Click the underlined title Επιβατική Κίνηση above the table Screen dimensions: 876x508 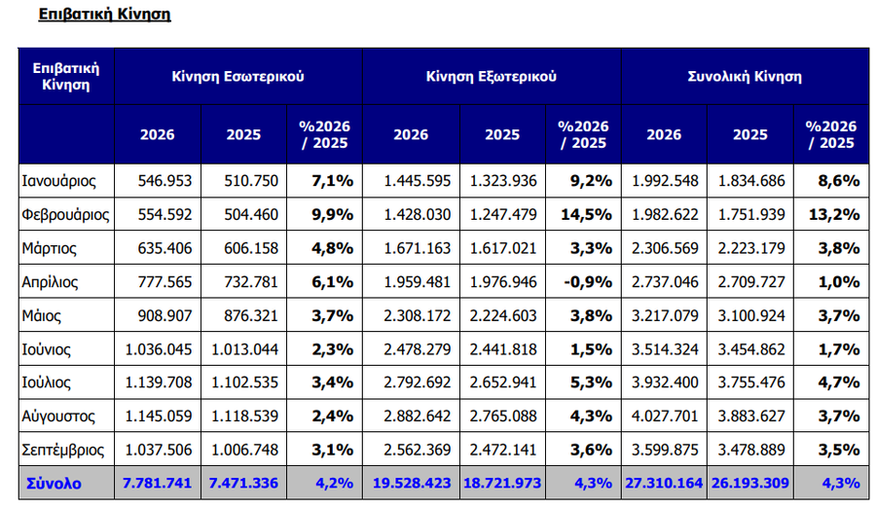pyautogui.click(x=104, y=14)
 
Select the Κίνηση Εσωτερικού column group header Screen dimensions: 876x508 pyautogui.click(x=238, y=77)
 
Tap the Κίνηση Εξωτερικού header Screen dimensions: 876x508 pyautogui.click(x=492, y=77)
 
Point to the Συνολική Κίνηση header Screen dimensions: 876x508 pyautogui.click(x=745, y=77)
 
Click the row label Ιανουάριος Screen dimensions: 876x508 pyautogui.click(x=58, y=181)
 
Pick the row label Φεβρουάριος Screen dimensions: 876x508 pyautogui.click(x=65, y=215)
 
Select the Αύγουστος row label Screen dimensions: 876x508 pyautogui.click(x=58, y=417)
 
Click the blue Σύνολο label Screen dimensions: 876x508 pyautogui.click(x=54, y=484)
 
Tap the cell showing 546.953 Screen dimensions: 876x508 pyautogui.click(x=164, y=181)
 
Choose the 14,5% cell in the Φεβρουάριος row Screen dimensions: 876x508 pyautogui.click(x=586, y=215)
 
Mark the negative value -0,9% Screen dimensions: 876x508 pyautogui.click(x=588, y=282)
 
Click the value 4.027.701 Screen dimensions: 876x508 pyautogui.click(x=665, y=417)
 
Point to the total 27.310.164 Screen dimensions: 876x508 pyautogui.click(x=664, y=484)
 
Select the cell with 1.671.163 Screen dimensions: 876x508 pyautogui.click(x=417, y=248)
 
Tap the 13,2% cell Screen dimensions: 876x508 pyautogui.click(x=834, y=215)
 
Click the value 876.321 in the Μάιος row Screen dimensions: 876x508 pyautogui.click(x=251, y=315)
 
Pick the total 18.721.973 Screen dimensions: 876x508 pyautogui.click(x=502, y=484)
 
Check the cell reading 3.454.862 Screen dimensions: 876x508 pyautogui.click(x=751, y=349)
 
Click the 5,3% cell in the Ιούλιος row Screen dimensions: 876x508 pyautogui.click(x=591, y=382)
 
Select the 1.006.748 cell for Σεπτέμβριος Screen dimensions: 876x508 pyautogui.click(x=244, y=450)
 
